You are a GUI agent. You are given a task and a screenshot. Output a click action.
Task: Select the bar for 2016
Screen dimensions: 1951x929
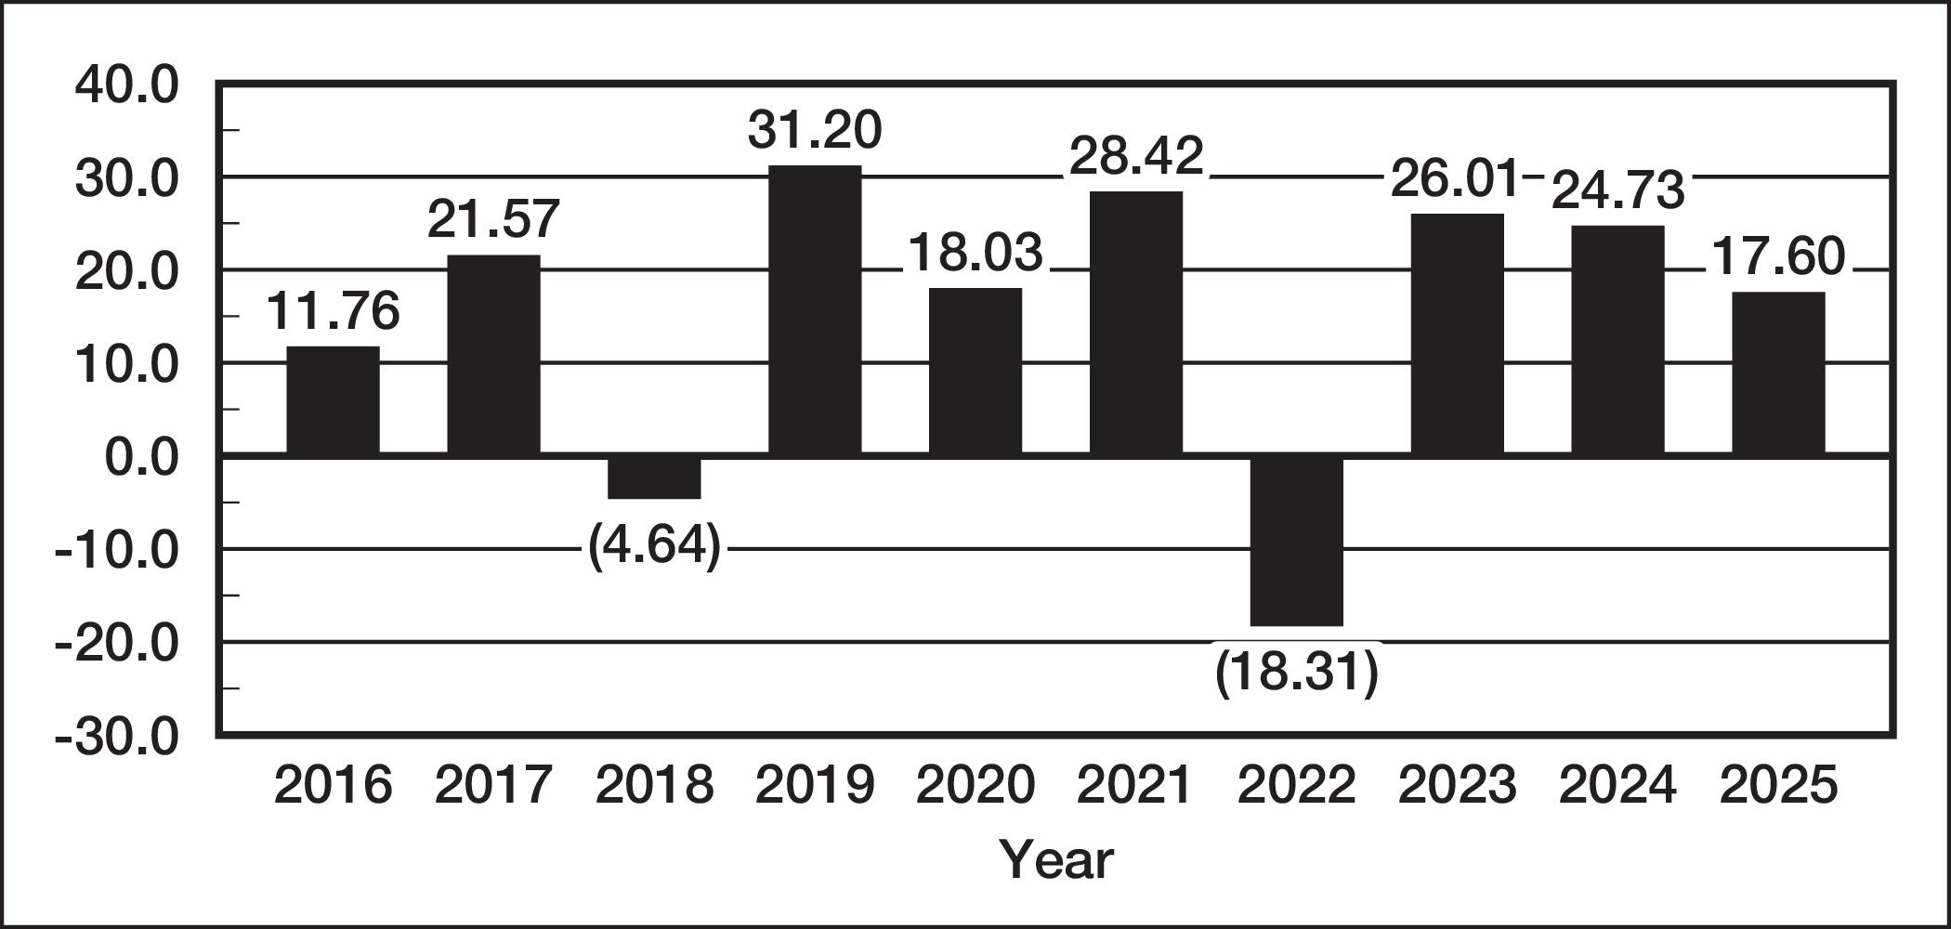[333, 400]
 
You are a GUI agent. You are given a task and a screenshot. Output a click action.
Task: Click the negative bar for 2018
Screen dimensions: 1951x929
[654, 478]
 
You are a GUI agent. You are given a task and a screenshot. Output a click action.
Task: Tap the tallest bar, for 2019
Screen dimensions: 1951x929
[815, 310]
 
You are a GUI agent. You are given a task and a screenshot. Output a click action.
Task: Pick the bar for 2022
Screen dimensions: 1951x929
[1297, 541]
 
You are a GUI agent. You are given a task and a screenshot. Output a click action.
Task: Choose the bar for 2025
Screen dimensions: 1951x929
[1778, 373]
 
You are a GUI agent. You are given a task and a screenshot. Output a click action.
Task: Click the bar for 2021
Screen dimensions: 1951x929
[1136, 323]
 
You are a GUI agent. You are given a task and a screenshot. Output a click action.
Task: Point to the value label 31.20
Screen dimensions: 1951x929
[815, 130]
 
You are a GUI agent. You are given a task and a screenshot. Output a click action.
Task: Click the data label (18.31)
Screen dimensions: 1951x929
[1297, 672]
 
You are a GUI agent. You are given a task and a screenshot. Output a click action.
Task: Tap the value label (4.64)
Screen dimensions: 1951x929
[654, 547]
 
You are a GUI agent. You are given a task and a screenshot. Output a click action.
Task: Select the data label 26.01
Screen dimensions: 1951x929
[1454, 178]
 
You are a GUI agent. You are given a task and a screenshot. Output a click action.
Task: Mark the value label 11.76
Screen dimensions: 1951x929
[333, 310]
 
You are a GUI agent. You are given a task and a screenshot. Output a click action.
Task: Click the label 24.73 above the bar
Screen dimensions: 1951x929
[1617, 190]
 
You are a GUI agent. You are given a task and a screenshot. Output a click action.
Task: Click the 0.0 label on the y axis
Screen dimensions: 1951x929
[140, 458]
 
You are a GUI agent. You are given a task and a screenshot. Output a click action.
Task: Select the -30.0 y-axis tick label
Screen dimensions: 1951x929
[116, 738]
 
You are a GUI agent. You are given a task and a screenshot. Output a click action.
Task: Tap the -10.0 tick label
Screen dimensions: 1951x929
[116, 551]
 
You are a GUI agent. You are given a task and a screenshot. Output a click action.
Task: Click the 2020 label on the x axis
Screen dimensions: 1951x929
[975, 785]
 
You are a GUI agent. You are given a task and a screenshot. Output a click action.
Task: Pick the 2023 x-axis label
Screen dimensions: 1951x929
[1457, 785]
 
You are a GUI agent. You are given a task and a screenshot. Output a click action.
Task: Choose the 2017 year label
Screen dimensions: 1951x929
[493, 785]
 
